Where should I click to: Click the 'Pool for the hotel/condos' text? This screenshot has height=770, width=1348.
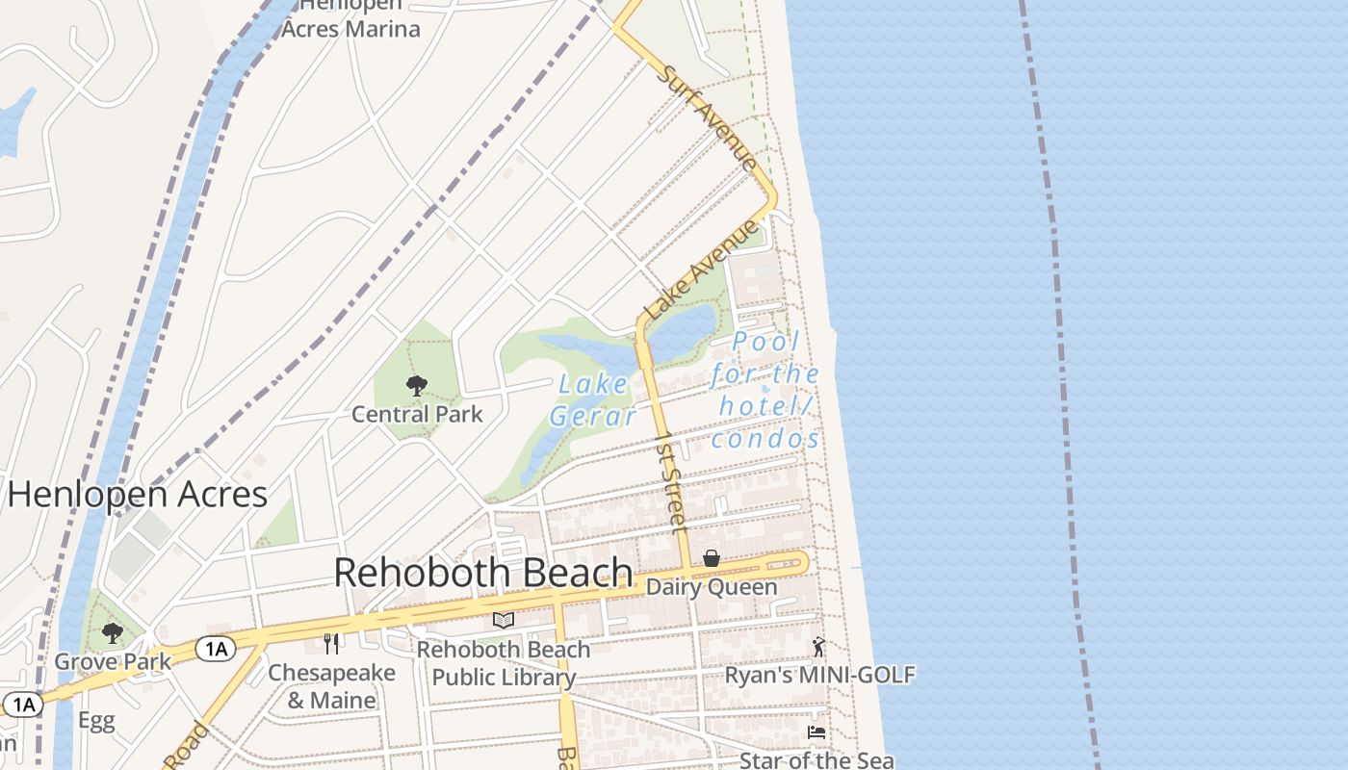pos(766,390)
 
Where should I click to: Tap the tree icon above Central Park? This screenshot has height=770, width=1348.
pos(417,386)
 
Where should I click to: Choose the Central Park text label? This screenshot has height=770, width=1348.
pos(417,415)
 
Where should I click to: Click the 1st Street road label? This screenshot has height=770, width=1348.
pos(672,481)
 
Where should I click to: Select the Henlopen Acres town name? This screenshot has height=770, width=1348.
pos(138,495)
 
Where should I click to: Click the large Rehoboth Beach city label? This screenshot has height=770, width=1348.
pos(483,573)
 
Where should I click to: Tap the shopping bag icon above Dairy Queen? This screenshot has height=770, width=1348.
pos(712,558)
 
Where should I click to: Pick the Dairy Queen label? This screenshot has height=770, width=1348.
pos(712,586)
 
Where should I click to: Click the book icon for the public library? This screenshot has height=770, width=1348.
pos(504,620)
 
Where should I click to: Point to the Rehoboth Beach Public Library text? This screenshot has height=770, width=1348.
pos(504,663)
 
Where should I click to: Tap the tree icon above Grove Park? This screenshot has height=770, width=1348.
pos(113,632)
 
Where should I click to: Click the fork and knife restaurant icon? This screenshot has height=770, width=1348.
pos(331,643)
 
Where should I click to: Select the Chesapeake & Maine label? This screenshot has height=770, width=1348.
pos(331,686)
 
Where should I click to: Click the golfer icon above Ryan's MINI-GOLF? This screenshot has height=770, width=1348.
pos(818,647)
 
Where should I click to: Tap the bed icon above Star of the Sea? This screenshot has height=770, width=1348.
pos(817,732)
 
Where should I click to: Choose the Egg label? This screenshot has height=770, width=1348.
pos(96,721)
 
